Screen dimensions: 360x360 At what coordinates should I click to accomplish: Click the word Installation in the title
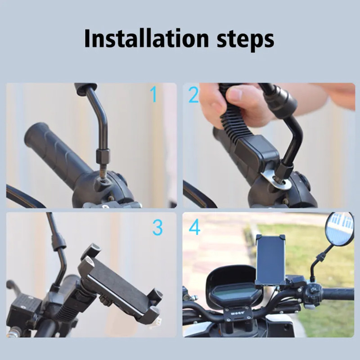[x=146, y=38]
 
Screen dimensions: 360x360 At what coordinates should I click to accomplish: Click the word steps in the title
[x=245, y=40]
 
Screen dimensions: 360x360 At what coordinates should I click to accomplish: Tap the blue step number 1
[x=153, y=94]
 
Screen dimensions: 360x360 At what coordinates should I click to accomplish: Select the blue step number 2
[x=193, y=94]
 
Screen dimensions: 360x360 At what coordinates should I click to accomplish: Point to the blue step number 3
[x=157, y=227]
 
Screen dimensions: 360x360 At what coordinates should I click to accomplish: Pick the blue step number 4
[x=194, y=227]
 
